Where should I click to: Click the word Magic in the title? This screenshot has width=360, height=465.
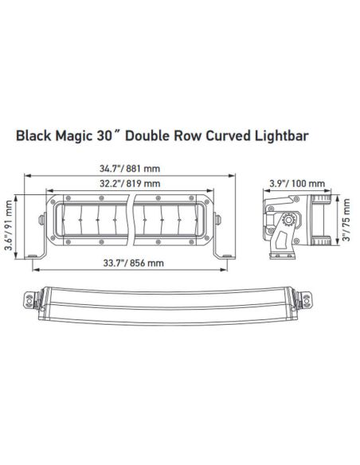pyautogui.click(x=77, y=135)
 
